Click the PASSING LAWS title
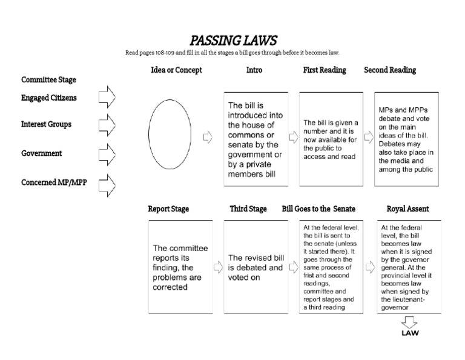pyautogui.click(x=233, y=41)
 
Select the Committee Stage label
pyautogui.click(x=49, y=79)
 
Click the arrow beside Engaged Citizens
pyautogui.click(x=107, y=96)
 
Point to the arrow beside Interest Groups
pyautogui.click(x=107, y=124)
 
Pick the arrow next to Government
pyautogui.click(x=107, y=154)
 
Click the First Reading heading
pyautogui.click(x=325, y=70)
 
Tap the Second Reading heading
pyautogui.click(x=390, y=70)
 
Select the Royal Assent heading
pyautogui.click(x=407, y=209)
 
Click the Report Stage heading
pyautogui.click(x=168, y=209)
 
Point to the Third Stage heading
pyautogui.click(x=248, y=209)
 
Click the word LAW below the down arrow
pyautogui.click(x=410, y=333)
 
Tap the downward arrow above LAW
pyautogui.click(x=409, y=321)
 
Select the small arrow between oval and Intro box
pyautogui.click(x=208, y=138)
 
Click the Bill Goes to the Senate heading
pyautogui.click(x=319, y=209)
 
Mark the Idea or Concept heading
pyautogui.click(x=176, y=70)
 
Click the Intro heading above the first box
pyautogui.click(x=254, y=70)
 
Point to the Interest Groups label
pyautogui.click(x=46, y=124)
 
